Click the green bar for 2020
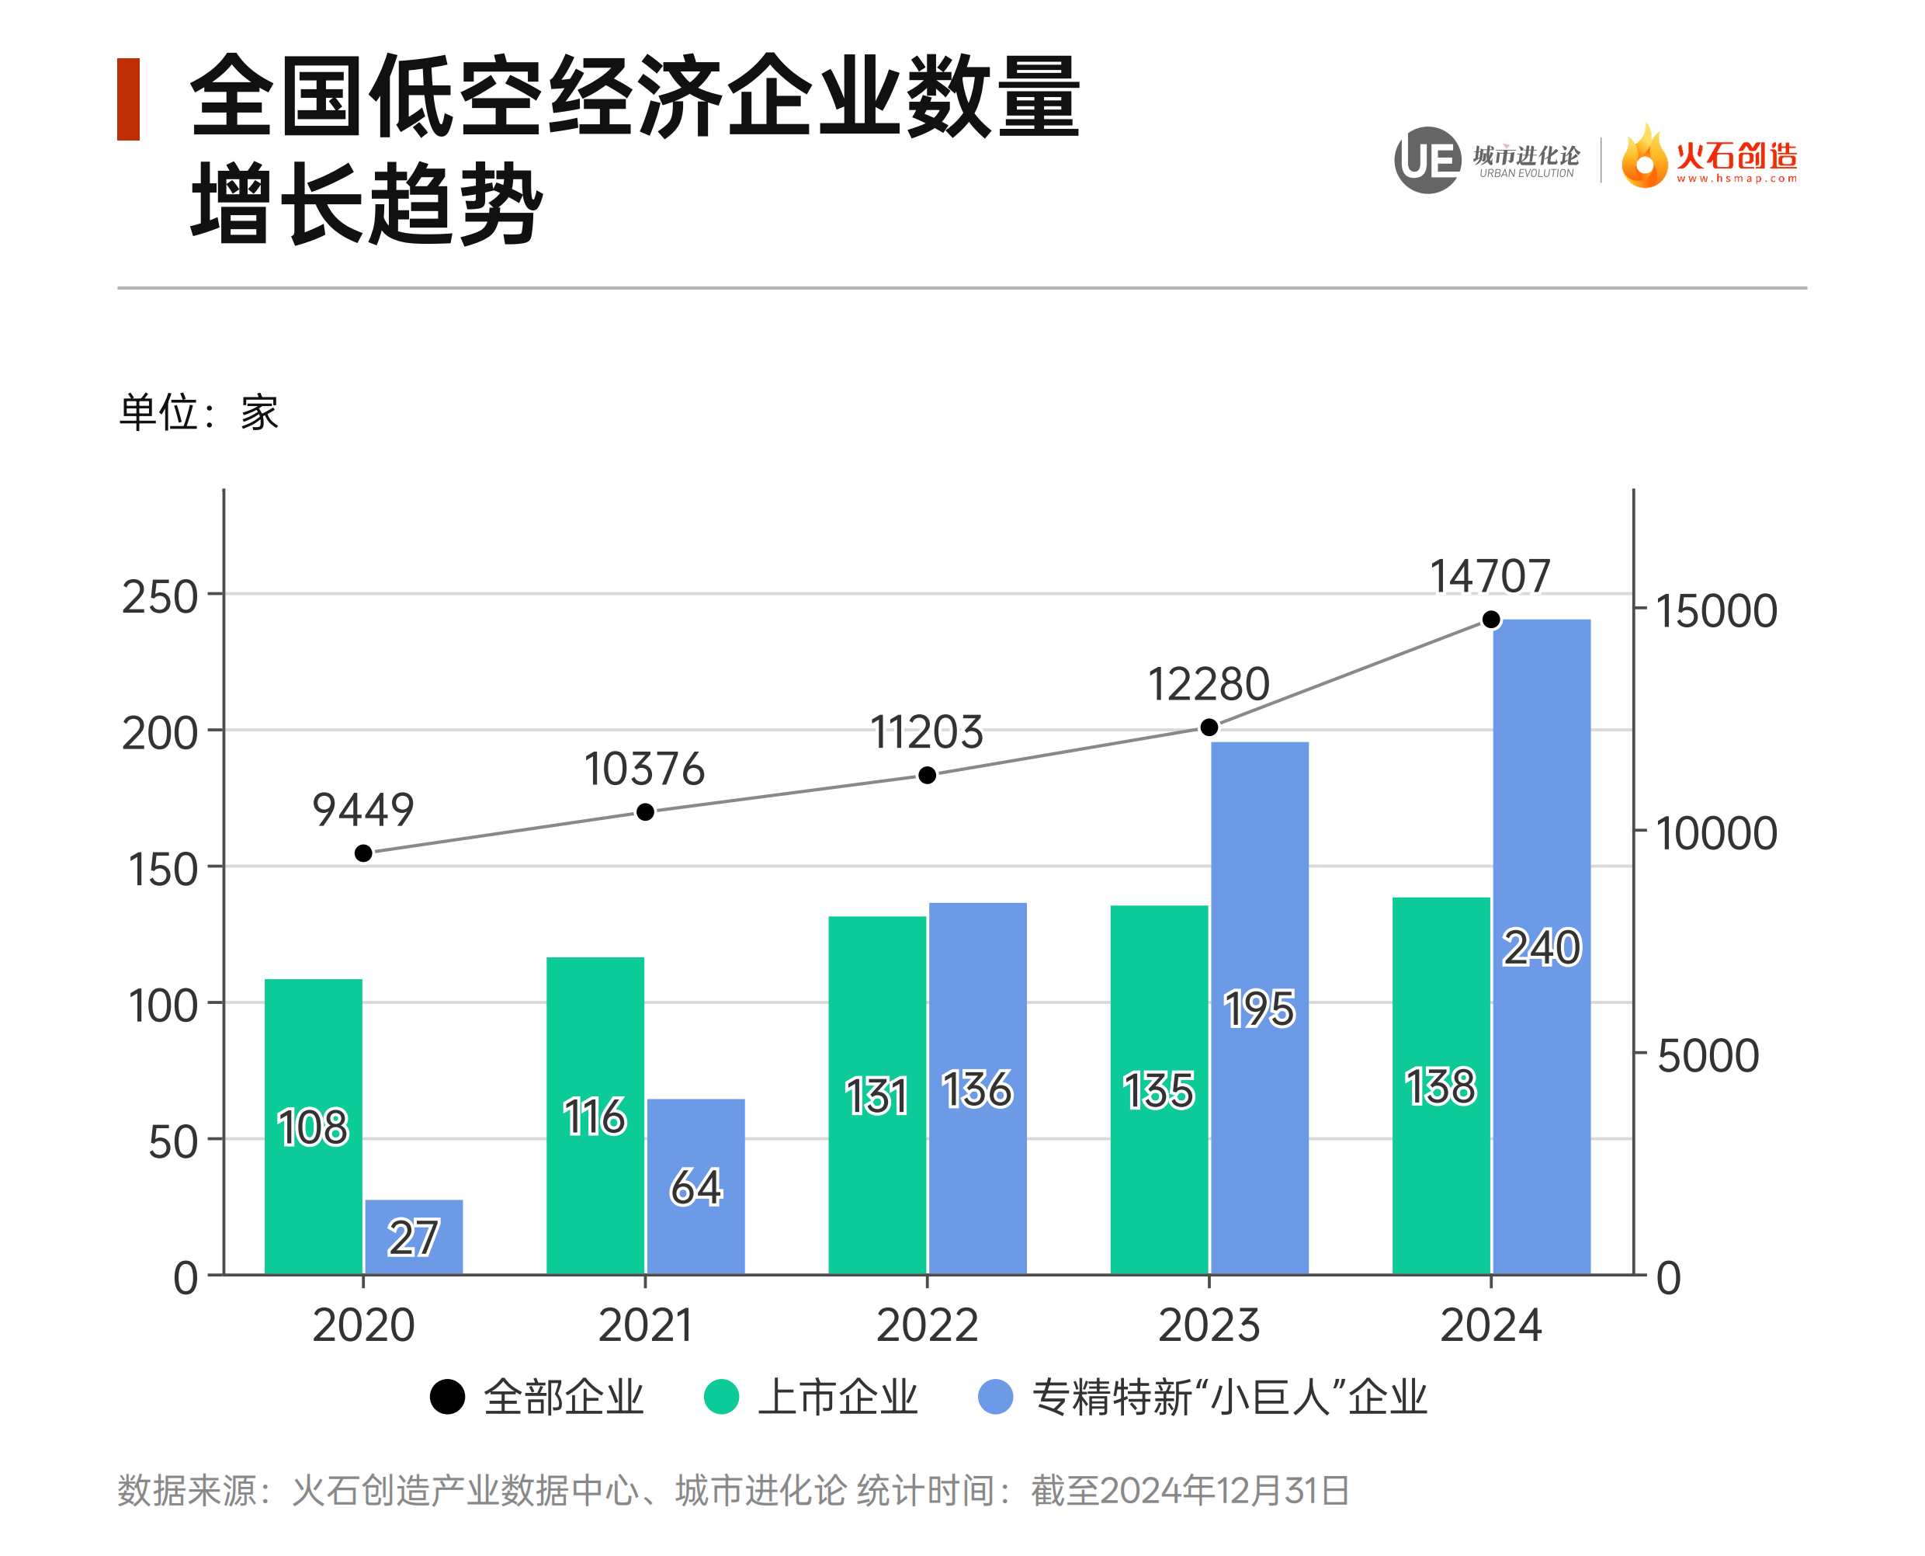pos(314,1126)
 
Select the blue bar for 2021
pos(695,1186)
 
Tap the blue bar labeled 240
pos(1542,946)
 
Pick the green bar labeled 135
pos(1159,1090)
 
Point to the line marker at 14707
pos(1491,620)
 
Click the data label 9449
pos(363,811)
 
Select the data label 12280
pos(1209,685)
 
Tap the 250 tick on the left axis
pos(161,597)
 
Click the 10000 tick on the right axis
pos(1715,834)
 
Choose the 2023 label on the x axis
pos(1209,1325)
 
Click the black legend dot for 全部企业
pos(447,1397)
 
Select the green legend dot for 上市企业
pos(721,1397)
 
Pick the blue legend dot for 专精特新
pos(996,1397)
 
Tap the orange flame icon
pos(1645,158)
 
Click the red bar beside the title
pos(129,99)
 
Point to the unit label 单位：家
pos(199,413)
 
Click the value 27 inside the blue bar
pos(413,1238)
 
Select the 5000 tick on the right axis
pos(1707,1056)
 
